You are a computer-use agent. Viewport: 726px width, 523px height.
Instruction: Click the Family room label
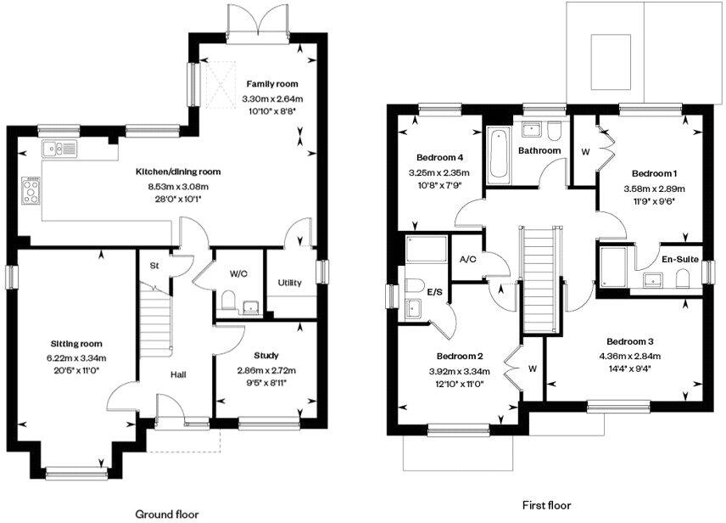pos(272,84)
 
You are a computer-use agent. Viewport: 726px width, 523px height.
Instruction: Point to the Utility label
pos(290,283)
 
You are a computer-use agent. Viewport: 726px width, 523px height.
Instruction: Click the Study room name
pos(265,355)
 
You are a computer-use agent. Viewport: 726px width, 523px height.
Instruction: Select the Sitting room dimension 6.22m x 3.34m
pos(80,357)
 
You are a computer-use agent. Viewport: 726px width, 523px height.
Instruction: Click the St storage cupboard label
pos(154,265)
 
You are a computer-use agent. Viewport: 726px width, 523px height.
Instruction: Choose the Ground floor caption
pos(167,514)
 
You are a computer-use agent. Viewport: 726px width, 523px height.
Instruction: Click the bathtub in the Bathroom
pos(497,155)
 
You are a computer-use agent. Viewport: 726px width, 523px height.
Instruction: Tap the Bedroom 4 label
pos(439,158)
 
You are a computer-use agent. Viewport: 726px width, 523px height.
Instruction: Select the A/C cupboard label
pos(466,259)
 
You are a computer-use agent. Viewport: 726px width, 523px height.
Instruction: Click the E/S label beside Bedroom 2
pos(434,291)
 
